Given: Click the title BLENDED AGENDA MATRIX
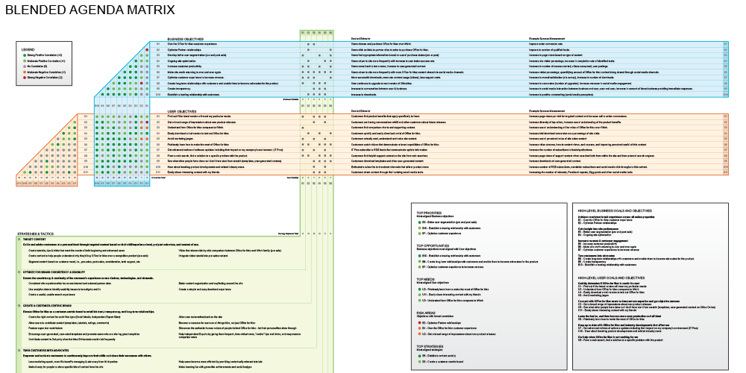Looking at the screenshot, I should click(90, 10).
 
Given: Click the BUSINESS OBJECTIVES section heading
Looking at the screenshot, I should click(186, 39).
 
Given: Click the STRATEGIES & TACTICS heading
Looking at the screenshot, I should click(34, 233).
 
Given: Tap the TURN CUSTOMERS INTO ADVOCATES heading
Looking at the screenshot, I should click(51, 350).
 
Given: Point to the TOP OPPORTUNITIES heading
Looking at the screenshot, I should click(433, 245).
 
